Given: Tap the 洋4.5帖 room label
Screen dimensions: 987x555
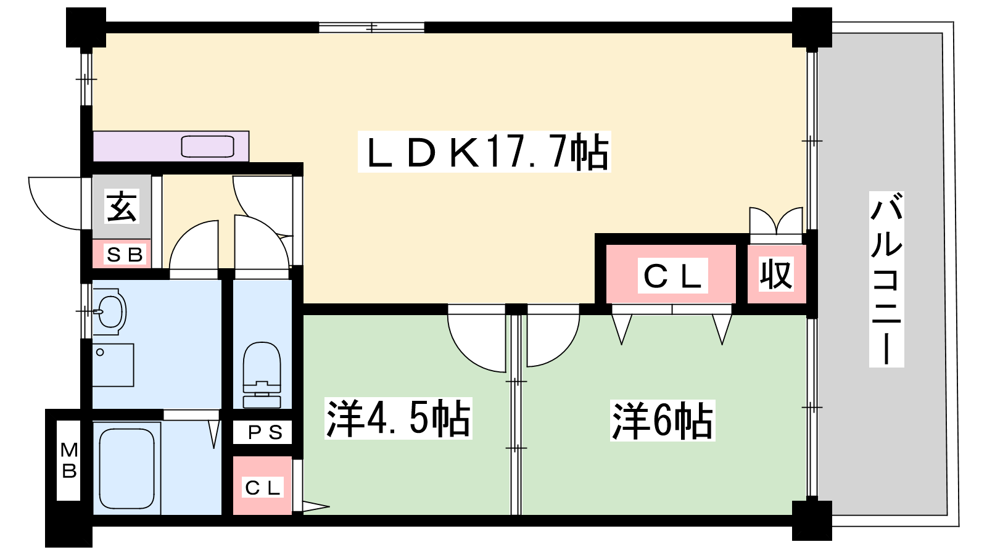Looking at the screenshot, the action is pos(399,418).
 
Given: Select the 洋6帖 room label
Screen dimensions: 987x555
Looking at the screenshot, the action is pos(663,420).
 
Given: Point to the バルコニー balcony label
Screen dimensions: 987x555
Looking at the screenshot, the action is pos(886,279).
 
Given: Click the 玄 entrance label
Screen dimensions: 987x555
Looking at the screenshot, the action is pos(122,206).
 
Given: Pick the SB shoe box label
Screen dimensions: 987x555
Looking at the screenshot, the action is pos(125,255).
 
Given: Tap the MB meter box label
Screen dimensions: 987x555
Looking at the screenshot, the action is pos(68,461).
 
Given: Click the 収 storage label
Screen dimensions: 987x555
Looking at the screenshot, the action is pos(776,274).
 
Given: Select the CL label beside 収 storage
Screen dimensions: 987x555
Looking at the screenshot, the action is pos(672,276).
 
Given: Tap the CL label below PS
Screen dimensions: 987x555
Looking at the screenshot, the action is pos(263,488).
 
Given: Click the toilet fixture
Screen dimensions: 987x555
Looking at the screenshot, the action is pos(262,375).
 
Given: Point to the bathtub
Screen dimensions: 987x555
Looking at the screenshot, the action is pos(127,469).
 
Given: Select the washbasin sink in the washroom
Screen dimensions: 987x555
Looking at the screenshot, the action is pos(110,311).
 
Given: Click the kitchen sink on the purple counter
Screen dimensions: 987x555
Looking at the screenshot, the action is pos(207,147).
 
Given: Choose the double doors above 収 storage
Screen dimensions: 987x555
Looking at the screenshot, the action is pos(776,221).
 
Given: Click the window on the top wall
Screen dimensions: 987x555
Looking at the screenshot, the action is pos(371,27).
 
